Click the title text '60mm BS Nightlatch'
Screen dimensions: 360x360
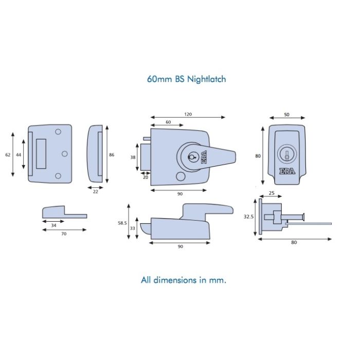click(x=186, y=79)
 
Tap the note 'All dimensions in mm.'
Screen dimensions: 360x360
click(x=184, y=280)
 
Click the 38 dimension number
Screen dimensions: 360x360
click(x=132, y=158)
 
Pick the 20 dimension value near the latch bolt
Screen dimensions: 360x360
click(x=145, y=177)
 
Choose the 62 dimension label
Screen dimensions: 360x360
click(x=7, y=154)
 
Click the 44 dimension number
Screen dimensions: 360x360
click(x=19, y=154)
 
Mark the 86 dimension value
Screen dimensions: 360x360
click(x=112, y=154)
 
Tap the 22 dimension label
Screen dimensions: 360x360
click(x=96, y=191)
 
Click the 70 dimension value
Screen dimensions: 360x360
click(x=64, y=233)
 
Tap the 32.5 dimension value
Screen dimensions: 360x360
click(x=249, y=217)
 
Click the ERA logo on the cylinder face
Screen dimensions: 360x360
click(x=287, y=172)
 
